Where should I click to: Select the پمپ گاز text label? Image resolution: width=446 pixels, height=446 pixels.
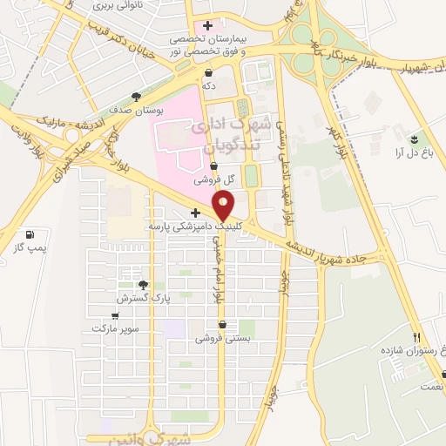point(30,248)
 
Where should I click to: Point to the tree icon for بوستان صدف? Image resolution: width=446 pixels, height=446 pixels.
point(135,98)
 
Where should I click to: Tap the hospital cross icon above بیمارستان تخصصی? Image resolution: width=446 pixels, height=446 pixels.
point(207,25)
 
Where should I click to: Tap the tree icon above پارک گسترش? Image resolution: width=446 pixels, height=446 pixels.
point(143,285)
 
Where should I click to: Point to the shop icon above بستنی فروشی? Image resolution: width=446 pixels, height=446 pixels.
point(221,323)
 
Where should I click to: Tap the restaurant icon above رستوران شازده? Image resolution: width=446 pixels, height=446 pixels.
point(416,337)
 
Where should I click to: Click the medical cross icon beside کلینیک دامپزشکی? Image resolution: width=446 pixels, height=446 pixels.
point(195,213)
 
